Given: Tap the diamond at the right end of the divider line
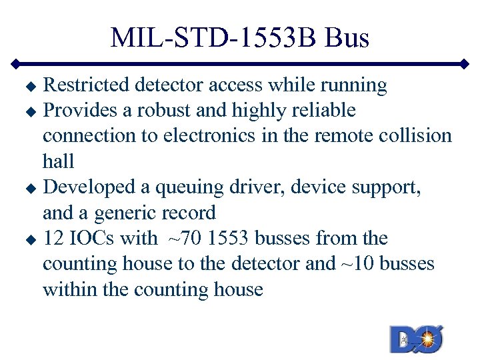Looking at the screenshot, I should click(x=465, y=65).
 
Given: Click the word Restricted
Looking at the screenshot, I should click(x=86, y=85).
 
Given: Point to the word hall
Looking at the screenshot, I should click(x=58, y=161).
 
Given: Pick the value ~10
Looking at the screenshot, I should click(x=355, y=263).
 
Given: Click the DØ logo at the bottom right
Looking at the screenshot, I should click(x=416, y=339).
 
